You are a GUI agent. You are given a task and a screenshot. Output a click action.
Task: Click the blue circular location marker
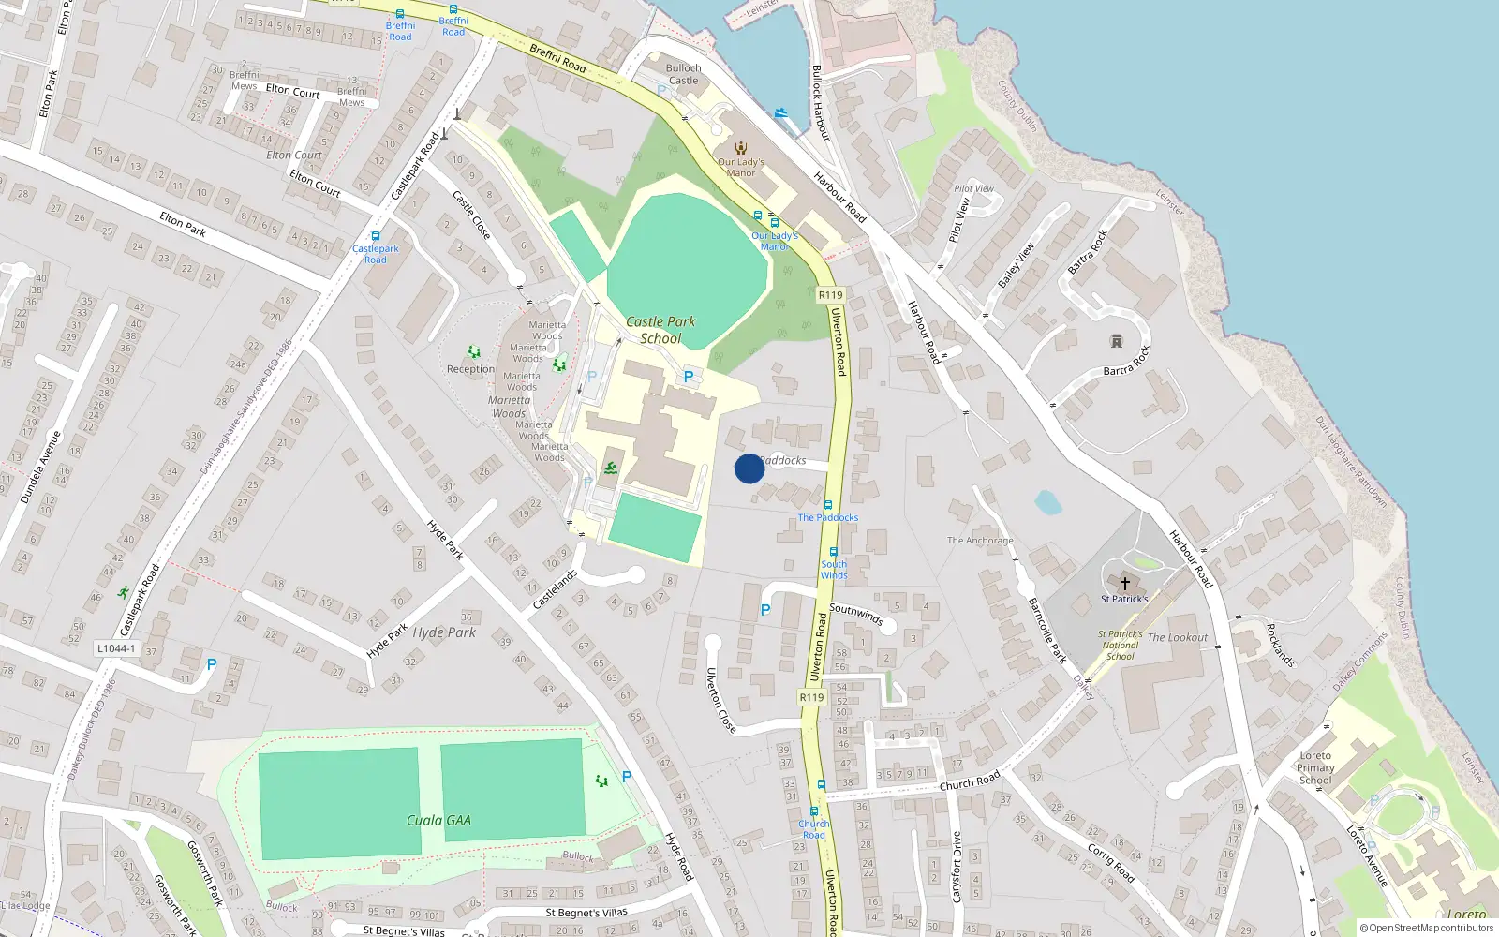click(x=749, y=468)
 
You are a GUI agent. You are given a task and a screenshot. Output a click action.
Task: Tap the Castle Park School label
click(x=660, y=330)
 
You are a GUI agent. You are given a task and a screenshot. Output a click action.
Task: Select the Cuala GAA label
click(x=438, y=820)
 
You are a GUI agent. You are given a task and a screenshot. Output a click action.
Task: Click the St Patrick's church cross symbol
click(x=1124, y=584)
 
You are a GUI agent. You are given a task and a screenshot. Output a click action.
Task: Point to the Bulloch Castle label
click(x=683, y=74)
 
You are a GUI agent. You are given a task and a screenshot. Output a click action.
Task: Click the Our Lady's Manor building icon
click(x=741, y=148)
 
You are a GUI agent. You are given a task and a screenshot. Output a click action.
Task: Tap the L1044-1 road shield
click(x=116, y=648)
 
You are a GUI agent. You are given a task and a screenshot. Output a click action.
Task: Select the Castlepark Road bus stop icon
click(x=376, y=237)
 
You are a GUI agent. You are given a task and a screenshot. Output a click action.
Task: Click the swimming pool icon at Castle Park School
click(x=611, y=468)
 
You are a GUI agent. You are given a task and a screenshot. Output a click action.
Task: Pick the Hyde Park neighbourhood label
click(x=444, y=632)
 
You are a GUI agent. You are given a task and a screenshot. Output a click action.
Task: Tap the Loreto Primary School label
click(x=1315, y=767)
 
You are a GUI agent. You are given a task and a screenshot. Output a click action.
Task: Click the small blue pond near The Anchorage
click(x=1048, y=503)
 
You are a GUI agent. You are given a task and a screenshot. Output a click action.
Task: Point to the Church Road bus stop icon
click(x=813, y=811)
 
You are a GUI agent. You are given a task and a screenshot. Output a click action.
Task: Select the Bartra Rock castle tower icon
click(x=1116, y=341)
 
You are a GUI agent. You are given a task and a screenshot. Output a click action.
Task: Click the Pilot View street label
click(x=974, y=188)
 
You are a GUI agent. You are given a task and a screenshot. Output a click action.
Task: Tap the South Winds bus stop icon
click(x=833, y=552)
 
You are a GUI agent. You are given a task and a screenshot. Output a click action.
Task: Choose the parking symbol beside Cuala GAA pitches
click(x=627, y=776)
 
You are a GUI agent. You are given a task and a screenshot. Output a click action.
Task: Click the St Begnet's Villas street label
click(x=586, y=913)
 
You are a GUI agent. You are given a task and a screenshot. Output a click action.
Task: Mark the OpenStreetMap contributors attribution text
click(x=1426, y=928)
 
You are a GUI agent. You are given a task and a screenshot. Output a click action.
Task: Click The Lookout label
click(x=1178, y=637)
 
